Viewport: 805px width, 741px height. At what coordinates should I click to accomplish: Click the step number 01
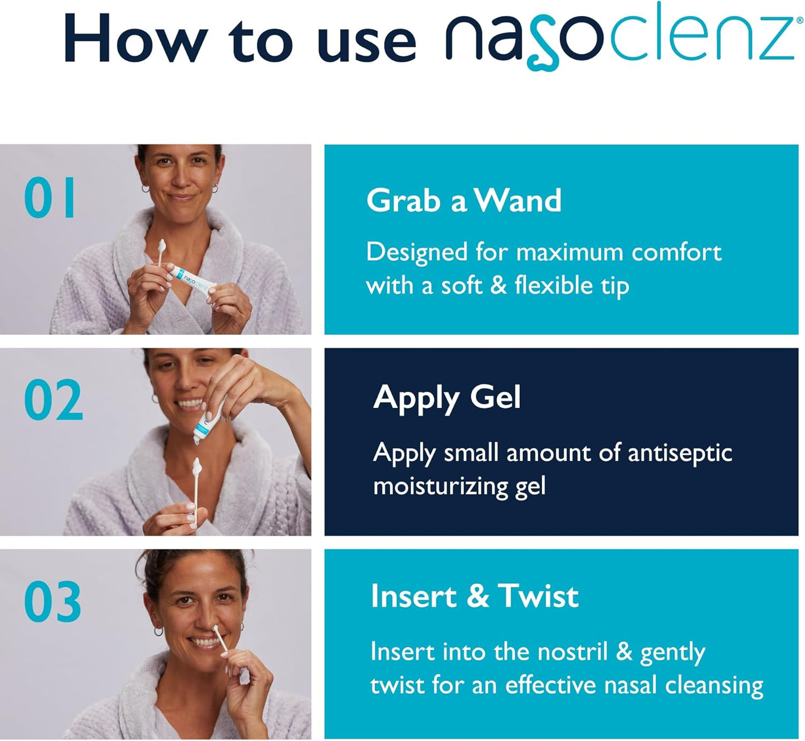pos(50,197)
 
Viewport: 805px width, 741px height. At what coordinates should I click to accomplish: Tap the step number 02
pos(53,399)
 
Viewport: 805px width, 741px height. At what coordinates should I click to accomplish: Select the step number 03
pos(52,601)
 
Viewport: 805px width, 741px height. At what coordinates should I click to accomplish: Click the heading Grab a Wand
pos(464,201)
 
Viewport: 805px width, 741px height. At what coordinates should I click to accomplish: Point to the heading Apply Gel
pos(447,398)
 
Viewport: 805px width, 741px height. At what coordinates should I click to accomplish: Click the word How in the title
pos(136,38)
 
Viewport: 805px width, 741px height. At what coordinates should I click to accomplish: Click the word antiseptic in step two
pos(680,453)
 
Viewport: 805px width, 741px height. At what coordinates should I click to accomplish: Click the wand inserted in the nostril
pos(220,638)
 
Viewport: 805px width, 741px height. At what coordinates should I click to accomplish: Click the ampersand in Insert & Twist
pos(477,596)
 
